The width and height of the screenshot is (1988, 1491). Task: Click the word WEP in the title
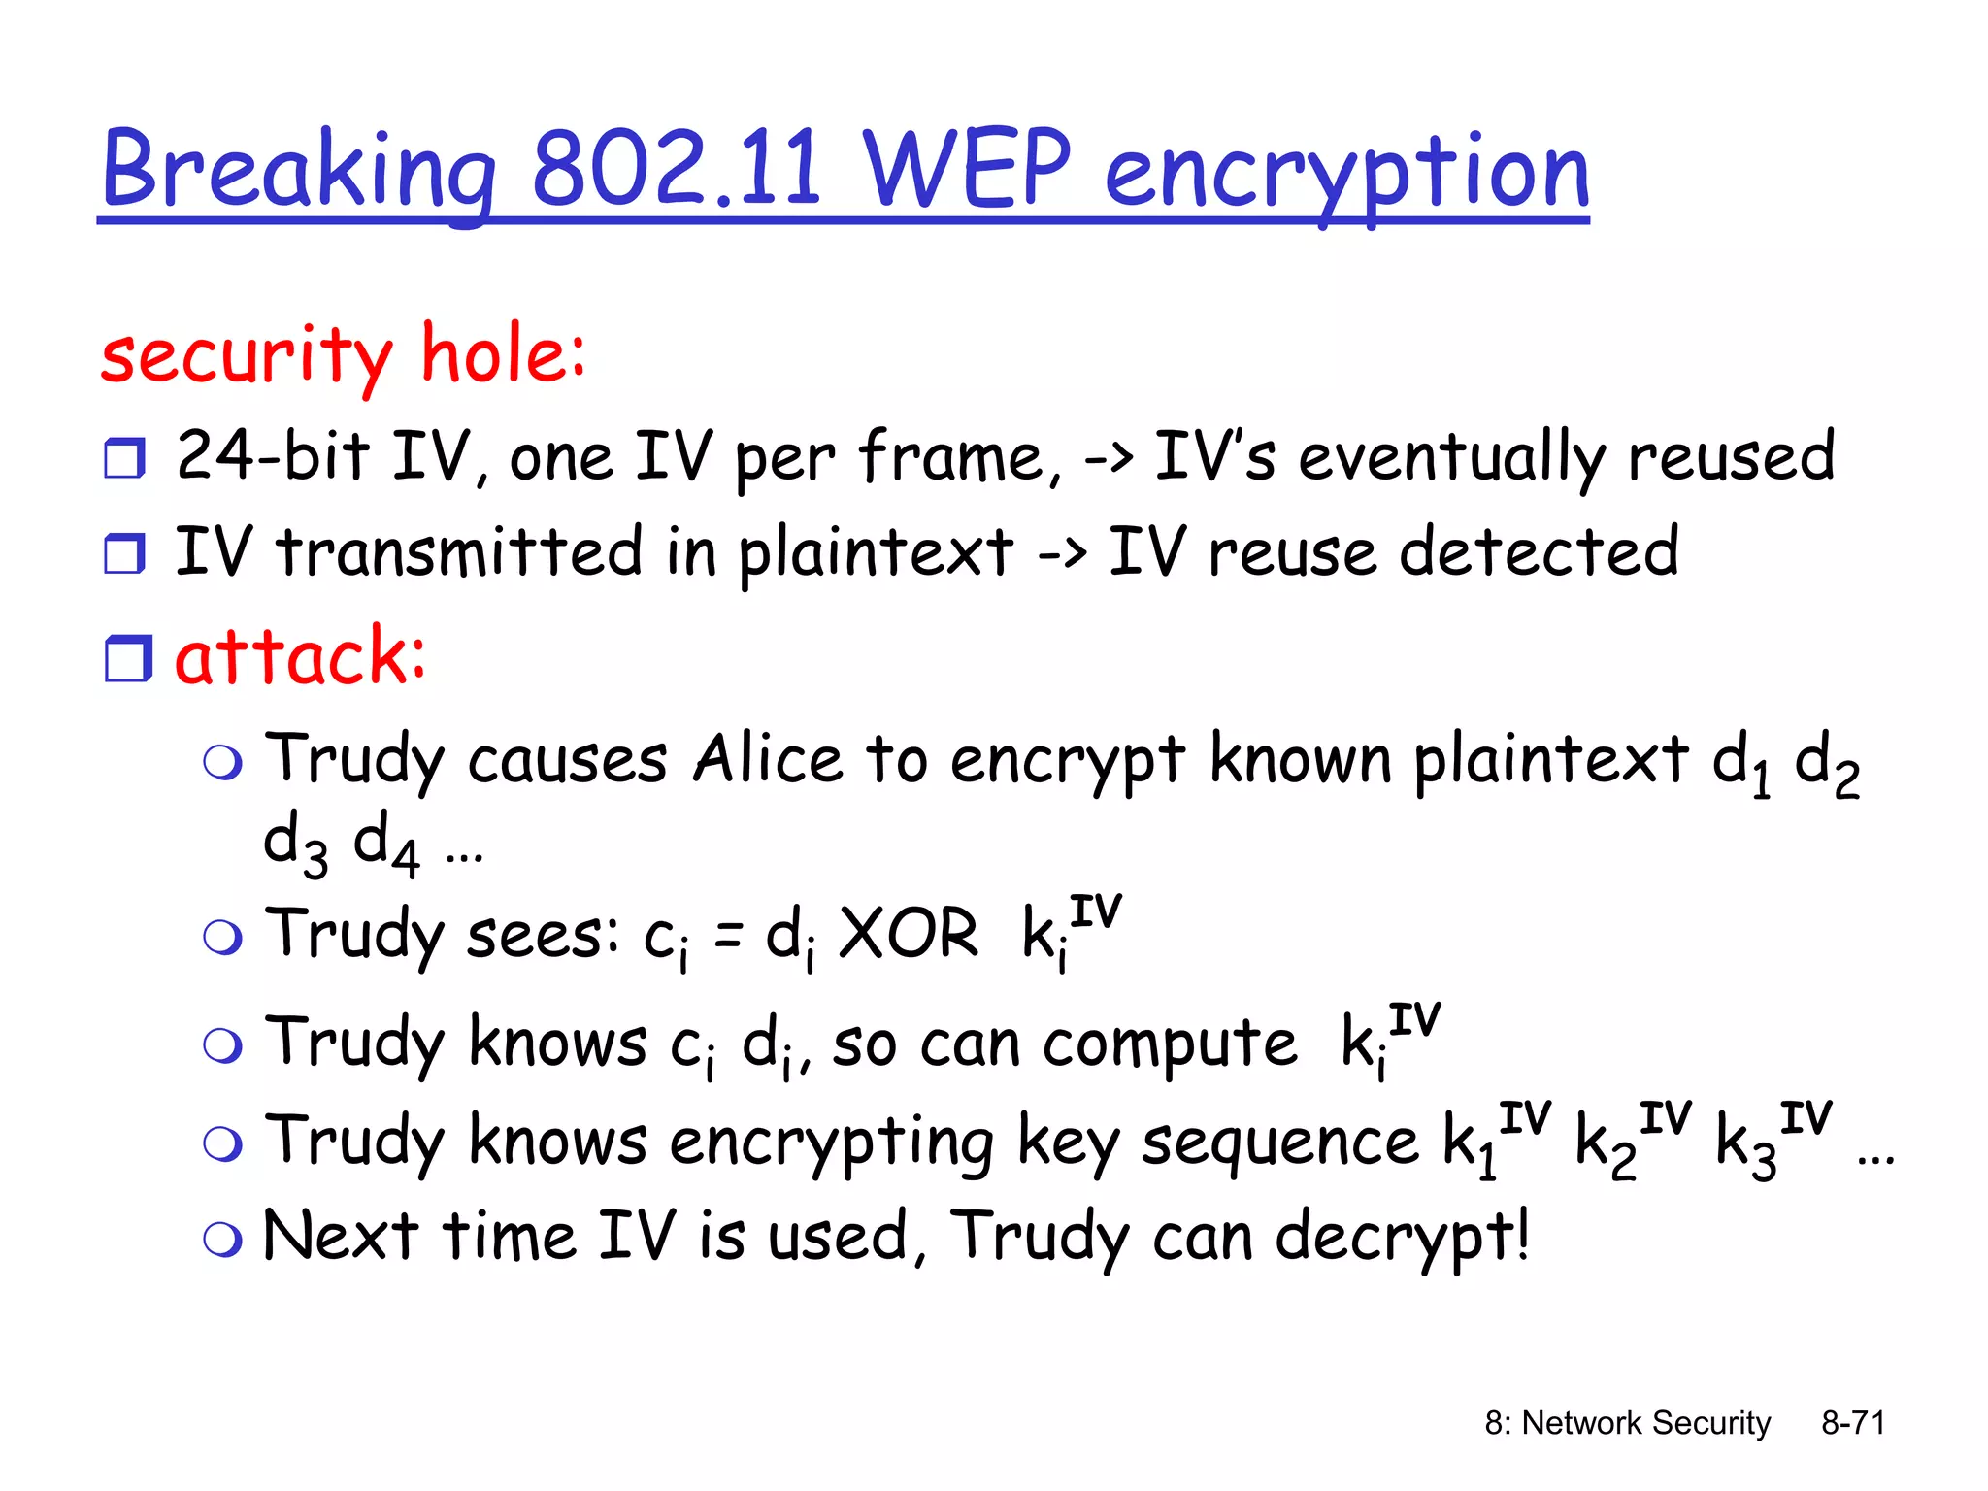(x=965, y=169)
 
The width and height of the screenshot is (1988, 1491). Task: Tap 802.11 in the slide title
(x=676, y=169)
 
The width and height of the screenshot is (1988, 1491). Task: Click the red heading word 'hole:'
(x=503, y=353)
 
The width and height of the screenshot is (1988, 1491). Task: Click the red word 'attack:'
(x=300, y=656)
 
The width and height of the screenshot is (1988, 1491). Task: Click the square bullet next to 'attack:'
(x=127, y=659)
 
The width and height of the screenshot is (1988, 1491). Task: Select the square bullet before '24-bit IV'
(x=125, y=458)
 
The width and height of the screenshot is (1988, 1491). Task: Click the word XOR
(x=908, y=934)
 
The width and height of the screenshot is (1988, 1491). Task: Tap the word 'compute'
(x=1169, y=1044)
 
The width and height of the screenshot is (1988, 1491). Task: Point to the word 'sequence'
(x=1279, y=1142)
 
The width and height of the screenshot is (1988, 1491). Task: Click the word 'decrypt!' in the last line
(x=1402, y=1237)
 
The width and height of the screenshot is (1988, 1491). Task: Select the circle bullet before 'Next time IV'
(x=222, y=1240)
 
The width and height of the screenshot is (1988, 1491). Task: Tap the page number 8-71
(x=1852, y=1423)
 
